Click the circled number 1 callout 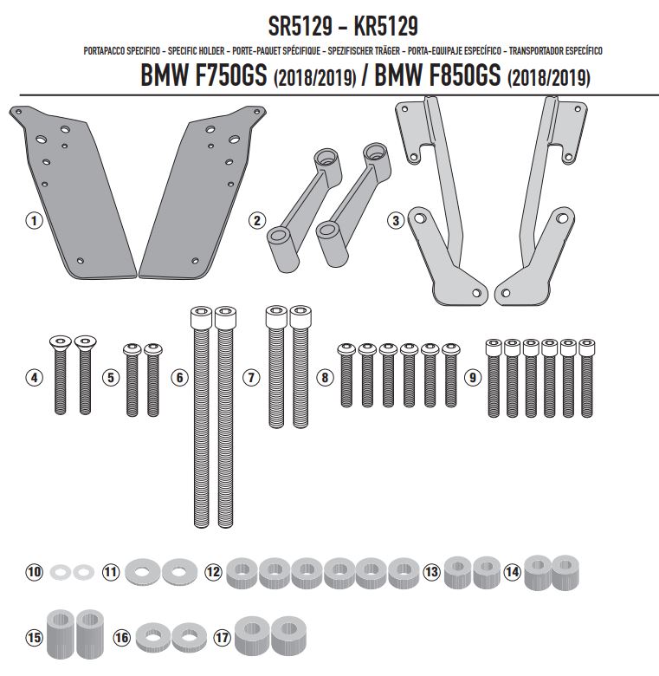point(34,221)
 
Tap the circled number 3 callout point(396,221)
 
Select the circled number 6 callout point(179,378)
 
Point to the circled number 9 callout point(473,378)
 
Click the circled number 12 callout point(213,573)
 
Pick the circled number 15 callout point(34,637)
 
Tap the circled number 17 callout point(223,637)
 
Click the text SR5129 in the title point(300,27)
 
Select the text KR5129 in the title point(385,27)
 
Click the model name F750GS point(230,76)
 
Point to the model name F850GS point(465,76)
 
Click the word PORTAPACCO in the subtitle point(102,51)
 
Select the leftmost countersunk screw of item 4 point(61,374)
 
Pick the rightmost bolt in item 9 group point(586,379)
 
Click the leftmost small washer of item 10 point(61,573)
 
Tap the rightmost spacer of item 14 point(565,573)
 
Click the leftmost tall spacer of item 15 point(61,634)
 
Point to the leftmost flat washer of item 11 point(143,572)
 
